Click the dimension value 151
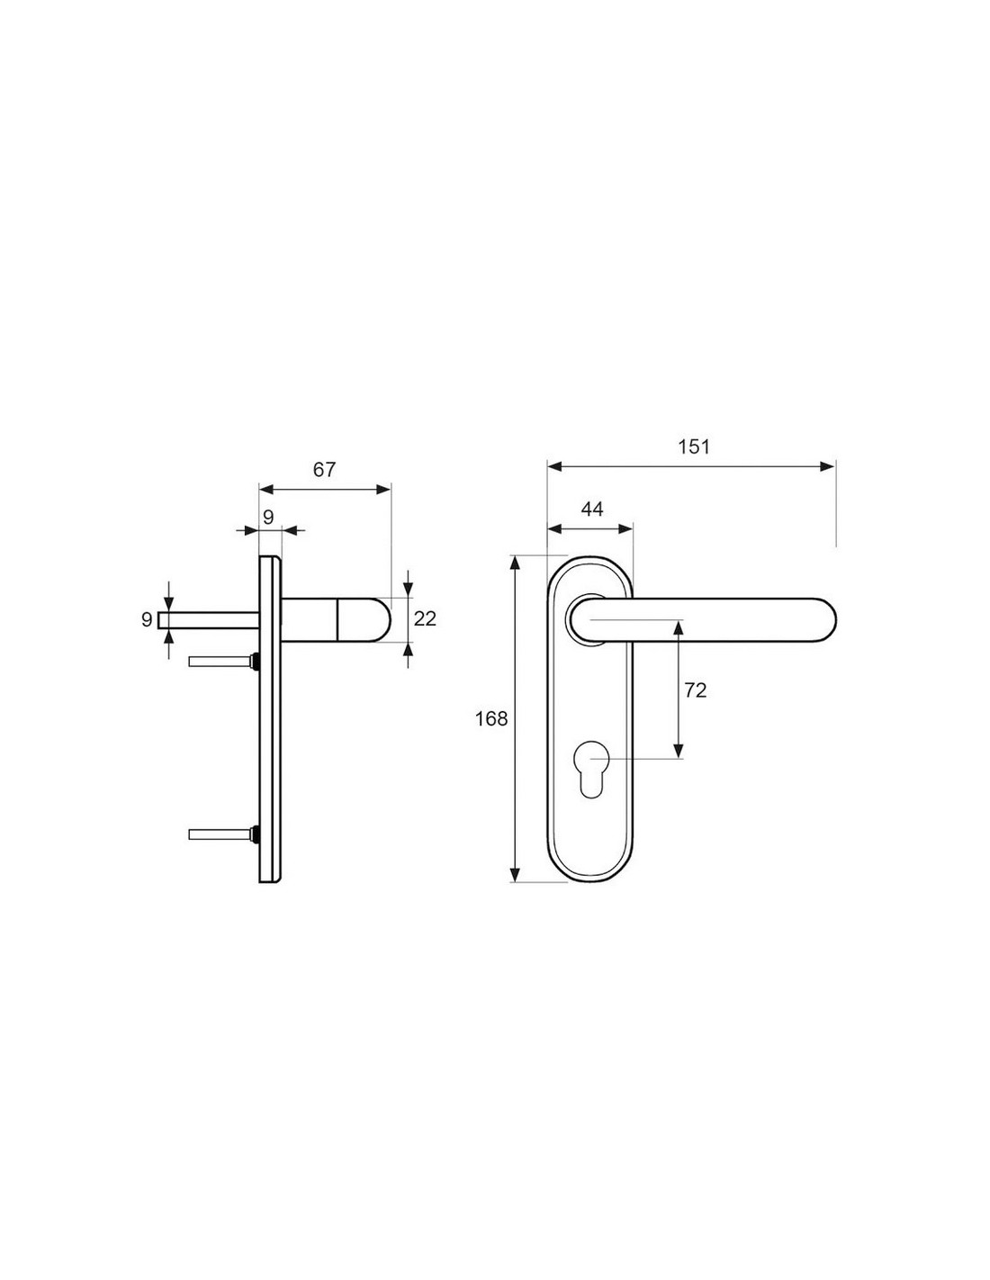(694, 447)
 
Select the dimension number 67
(324, 470)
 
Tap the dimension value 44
(592, 509)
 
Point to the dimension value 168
(491, 718)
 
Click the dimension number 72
(696, 690)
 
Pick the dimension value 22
(425, 619)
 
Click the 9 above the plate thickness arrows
(268, 518)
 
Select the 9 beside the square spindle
(147, 619)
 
